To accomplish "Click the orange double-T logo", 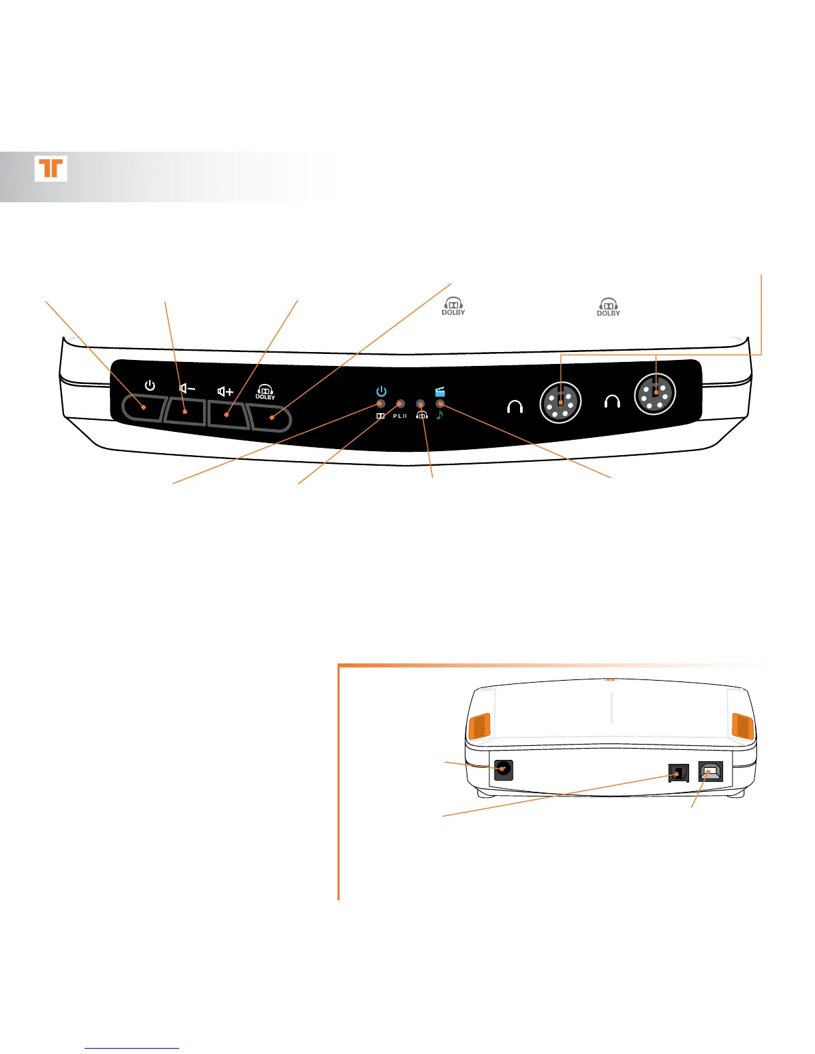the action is (51, 168).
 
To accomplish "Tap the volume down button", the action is (184, 411).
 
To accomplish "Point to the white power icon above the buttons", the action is (150, 385).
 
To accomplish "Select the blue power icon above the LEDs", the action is (381, 391).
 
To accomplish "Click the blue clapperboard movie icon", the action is (439, 392).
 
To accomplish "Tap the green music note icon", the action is (439, 415).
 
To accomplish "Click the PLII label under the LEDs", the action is (400, 416).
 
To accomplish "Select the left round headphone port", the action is (561, 402).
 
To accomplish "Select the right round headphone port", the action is (655, 394).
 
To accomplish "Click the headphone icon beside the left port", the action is (515, 406).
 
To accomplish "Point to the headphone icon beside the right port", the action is (611, 401).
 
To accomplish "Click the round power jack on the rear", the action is (503, 770).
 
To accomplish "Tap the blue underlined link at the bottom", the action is (132, 1048).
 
